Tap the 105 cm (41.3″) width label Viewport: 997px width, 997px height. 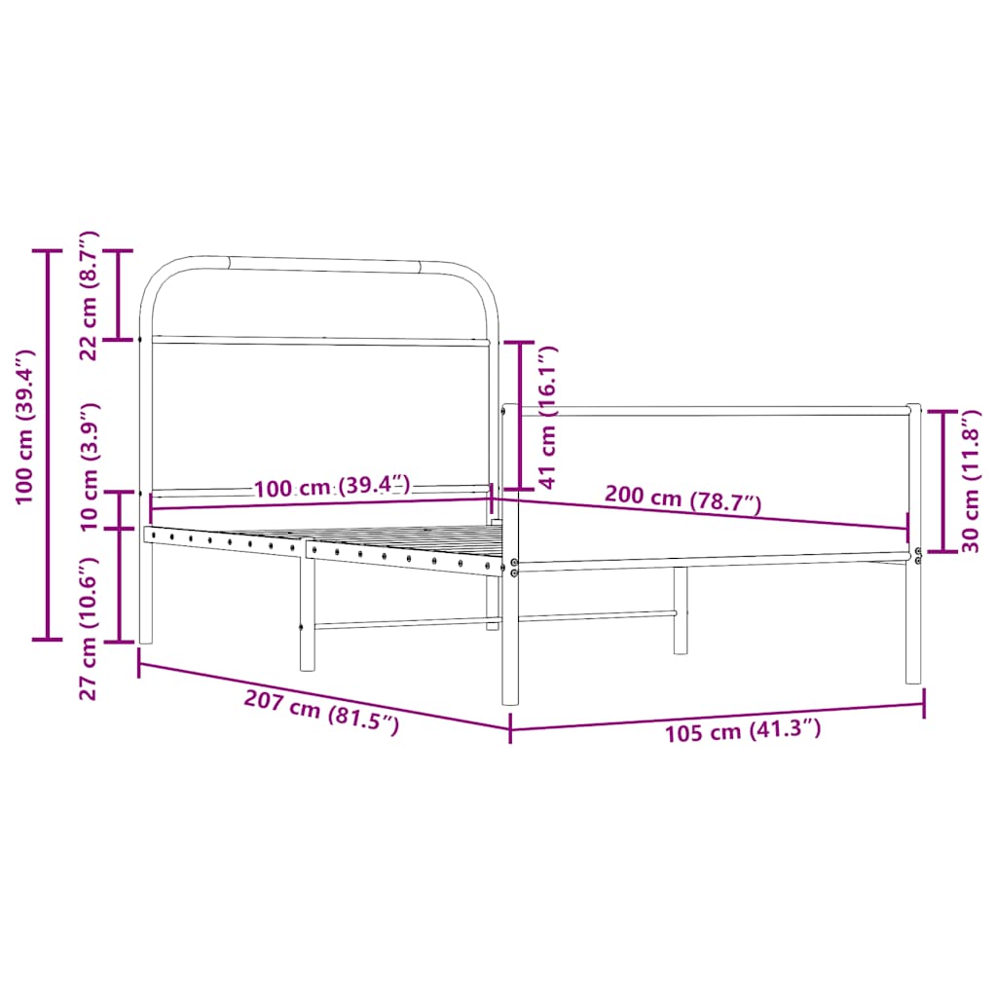743,730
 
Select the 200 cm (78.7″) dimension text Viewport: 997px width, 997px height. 683,498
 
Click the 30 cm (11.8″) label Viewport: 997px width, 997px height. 970,481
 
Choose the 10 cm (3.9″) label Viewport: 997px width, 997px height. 89,465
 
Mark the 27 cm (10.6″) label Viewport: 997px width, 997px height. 89,628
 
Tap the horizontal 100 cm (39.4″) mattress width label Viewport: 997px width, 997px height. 332,487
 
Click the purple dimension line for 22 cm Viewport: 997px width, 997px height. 119,295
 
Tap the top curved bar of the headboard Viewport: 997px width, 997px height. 321,262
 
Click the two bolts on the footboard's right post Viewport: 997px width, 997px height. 918,556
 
